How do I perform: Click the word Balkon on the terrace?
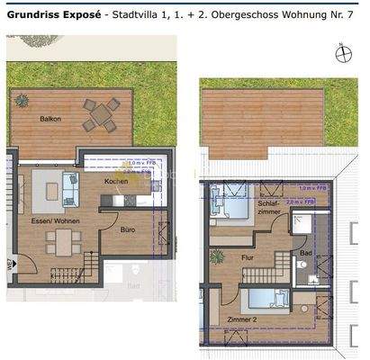click(x=50, y=119)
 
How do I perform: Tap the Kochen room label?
click(x=116, y=181)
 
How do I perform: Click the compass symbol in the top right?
click(x=341, y=52)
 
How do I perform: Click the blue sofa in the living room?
click(x=71, y=191)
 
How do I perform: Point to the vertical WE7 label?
click(x=8, y=265)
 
